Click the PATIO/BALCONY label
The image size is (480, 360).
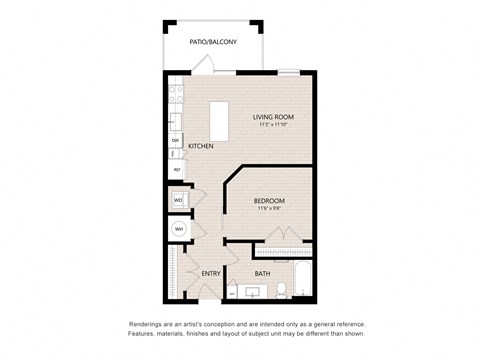tap(213, 42)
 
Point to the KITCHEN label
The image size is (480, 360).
tap(200, 146)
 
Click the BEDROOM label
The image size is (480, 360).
tap(269, 200)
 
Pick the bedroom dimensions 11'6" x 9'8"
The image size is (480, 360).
tap(269, 209)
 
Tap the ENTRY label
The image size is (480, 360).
tap(211, 274)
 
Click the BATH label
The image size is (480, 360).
tap(262, 274)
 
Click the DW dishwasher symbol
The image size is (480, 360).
tap(175, 141)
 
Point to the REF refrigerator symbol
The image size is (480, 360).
tap(176, 170)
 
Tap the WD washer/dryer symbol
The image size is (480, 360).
tap(178, 201)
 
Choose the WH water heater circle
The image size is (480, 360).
tap(179, 230)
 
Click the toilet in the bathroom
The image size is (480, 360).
tap(282, 291)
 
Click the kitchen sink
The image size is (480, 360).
tap(175, 122)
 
